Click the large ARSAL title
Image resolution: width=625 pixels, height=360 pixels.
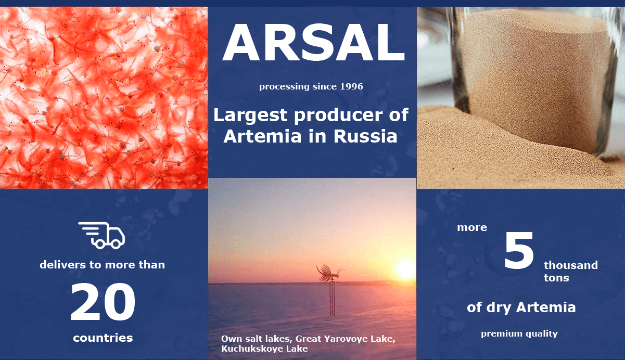click(313, 42)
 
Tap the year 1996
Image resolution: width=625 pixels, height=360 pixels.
click(351, 86)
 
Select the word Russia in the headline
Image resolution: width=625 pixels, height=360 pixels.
click(365, 136)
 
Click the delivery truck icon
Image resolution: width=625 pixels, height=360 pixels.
click(101, 235)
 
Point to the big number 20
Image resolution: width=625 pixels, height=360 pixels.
click(103, 302)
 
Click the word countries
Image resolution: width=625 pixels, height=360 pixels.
click(103, 338)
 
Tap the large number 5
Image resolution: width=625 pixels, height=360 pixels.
click(519, 250)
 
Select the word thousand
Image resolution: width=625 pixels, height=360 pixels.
click(570, 265)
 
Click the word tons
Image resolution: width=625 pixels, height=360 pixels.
click(556, 278)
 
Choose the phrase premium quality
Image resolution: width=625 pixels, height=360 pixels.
click(519, 333)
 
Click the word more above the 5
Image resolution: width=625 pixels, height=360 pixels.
click(472, 227)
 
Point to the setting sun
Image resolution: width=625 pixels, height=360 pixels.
click(405, 269)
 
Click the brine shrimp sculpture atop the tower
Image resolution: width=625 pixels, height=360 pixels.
click(330, 273)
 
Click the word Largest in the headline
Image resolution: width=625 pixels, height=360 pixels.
click(250, 115)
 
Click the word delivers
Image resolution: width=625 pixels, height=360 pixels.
click(63, 265)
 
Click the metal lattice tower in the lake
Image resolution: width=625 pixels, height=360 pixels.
click(332, 299)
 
